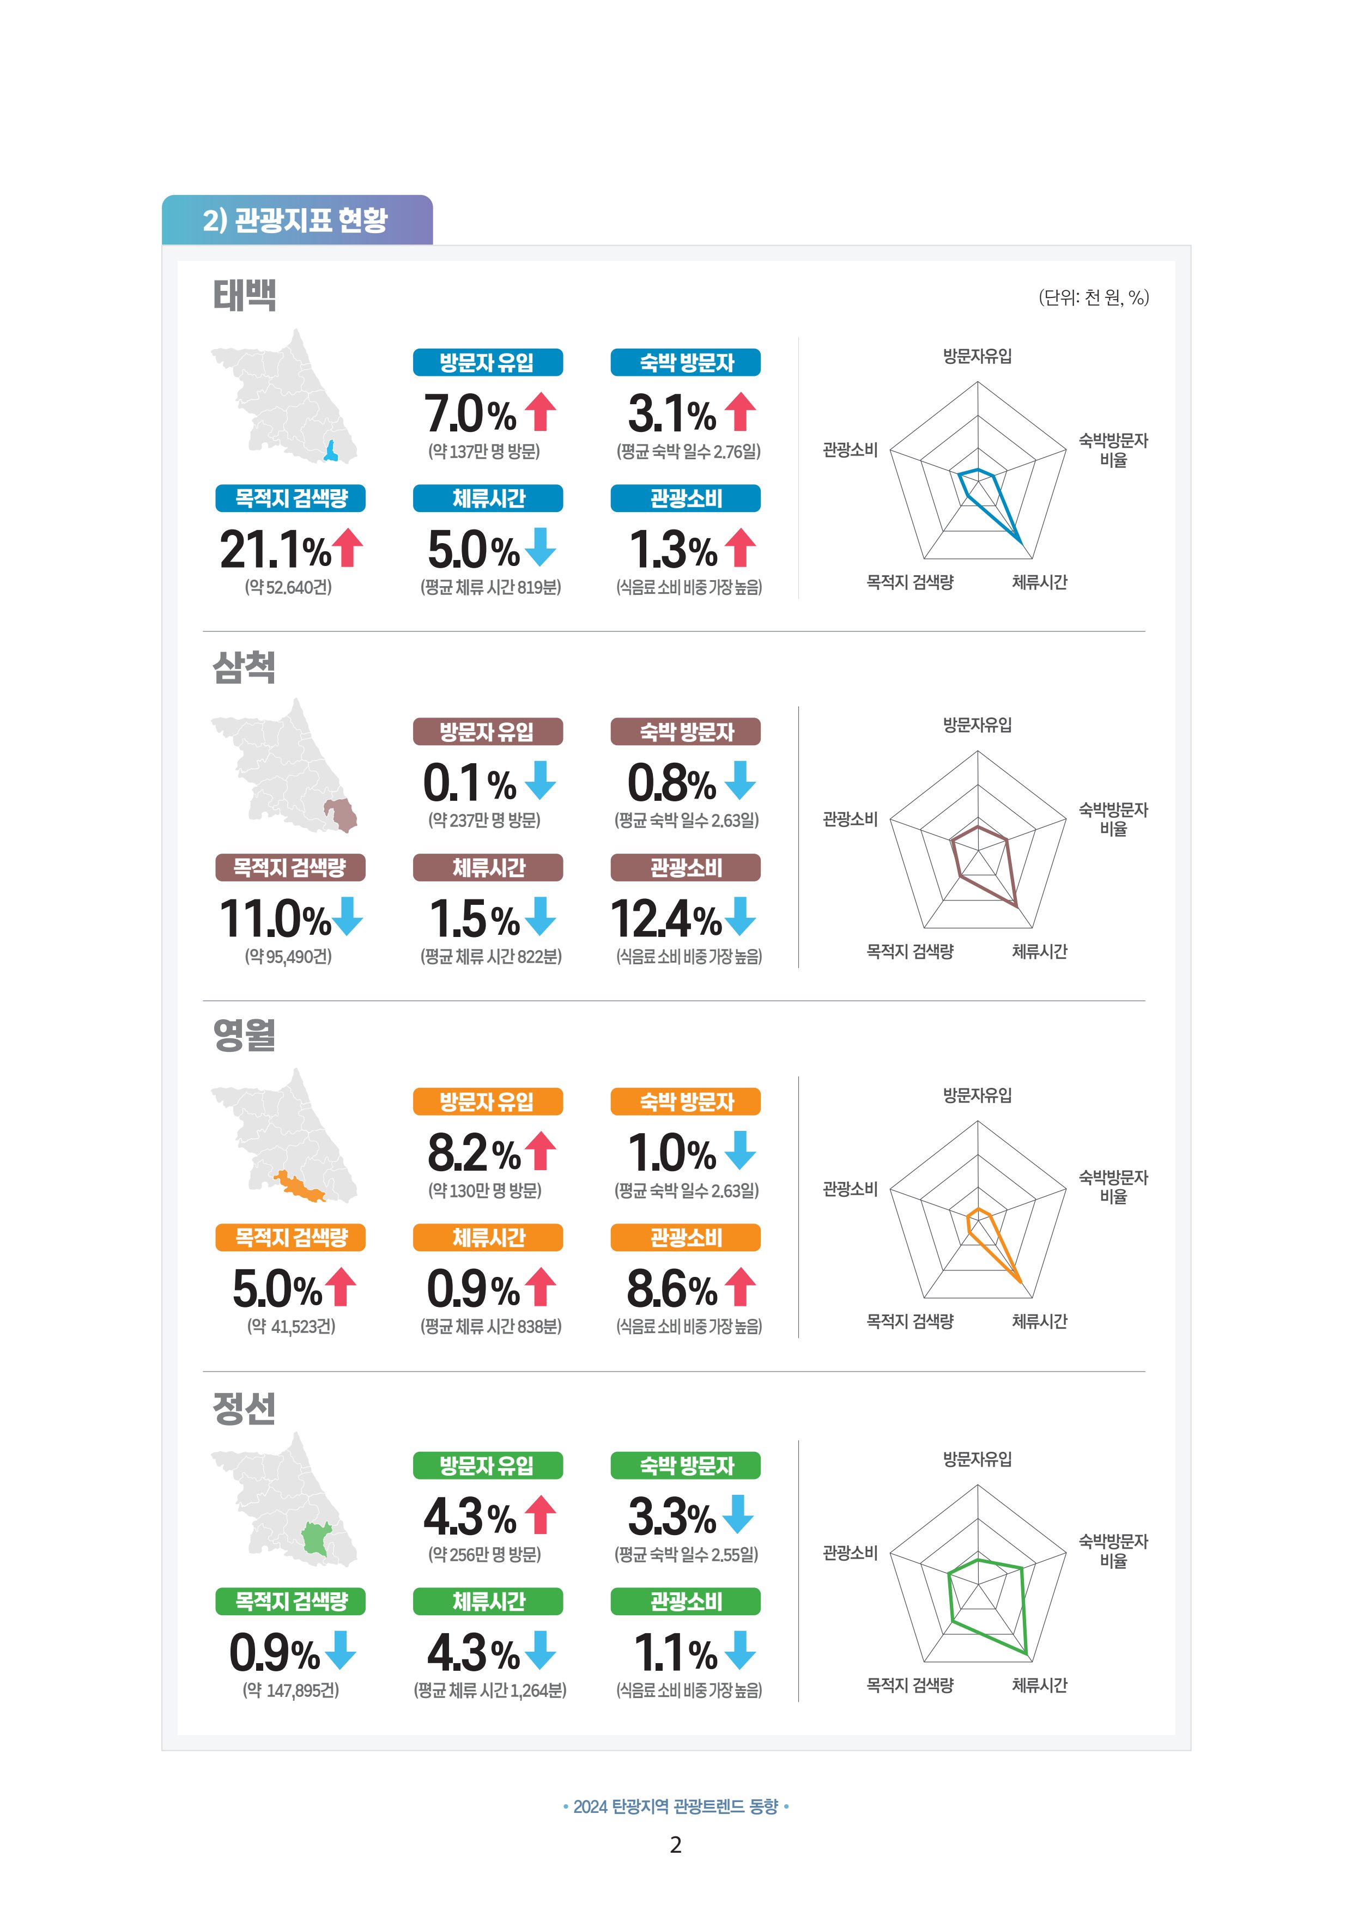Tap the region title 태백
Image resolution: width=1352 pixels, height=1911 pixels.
coord(244,295)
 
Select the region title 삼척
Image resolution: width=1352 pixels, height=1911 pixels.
coord(244,667)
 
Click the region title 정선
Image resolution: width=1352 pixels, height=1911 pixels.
coord(244,1408)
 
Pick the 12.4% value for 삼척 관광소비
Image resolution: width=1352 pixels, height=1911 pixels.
coord(666,919)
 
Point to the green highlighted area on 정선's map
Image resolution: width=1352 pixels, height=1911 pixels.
coord(317,1538)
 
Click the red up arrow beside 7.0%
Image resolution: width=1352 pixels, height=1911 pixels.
coord(541,412)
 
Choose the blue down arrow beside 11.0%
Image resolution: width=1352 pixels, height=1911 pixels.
coord(347,916)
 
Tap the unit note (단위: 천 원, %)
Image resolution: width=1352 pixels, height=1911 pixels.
coord(1093,298)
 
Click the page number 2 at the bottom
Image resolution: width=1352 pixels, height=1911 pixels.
coord(676,1845)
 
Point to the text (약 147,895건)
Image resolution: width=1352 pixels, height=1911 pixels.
coord(290,1690)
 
